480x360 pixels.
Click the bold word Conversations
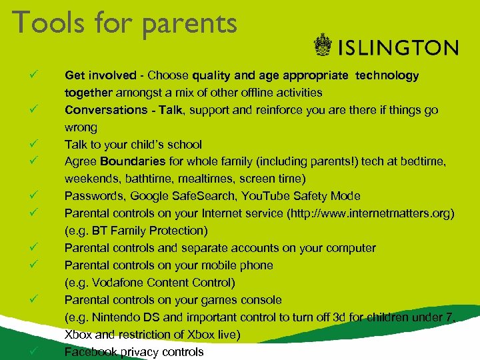pyautogui.click(x=105, y=110)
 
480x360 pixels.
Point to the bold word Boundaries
pyautogui.click(x=132, y=161)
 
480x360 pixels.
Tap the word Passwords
pyautogui.click(x=94, y=196)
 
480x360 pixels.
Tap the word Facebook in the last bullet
pyautogui.click(x=91, y=352)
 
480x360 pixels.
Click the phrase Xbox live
pyautogui.click(x=217, y=335)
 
